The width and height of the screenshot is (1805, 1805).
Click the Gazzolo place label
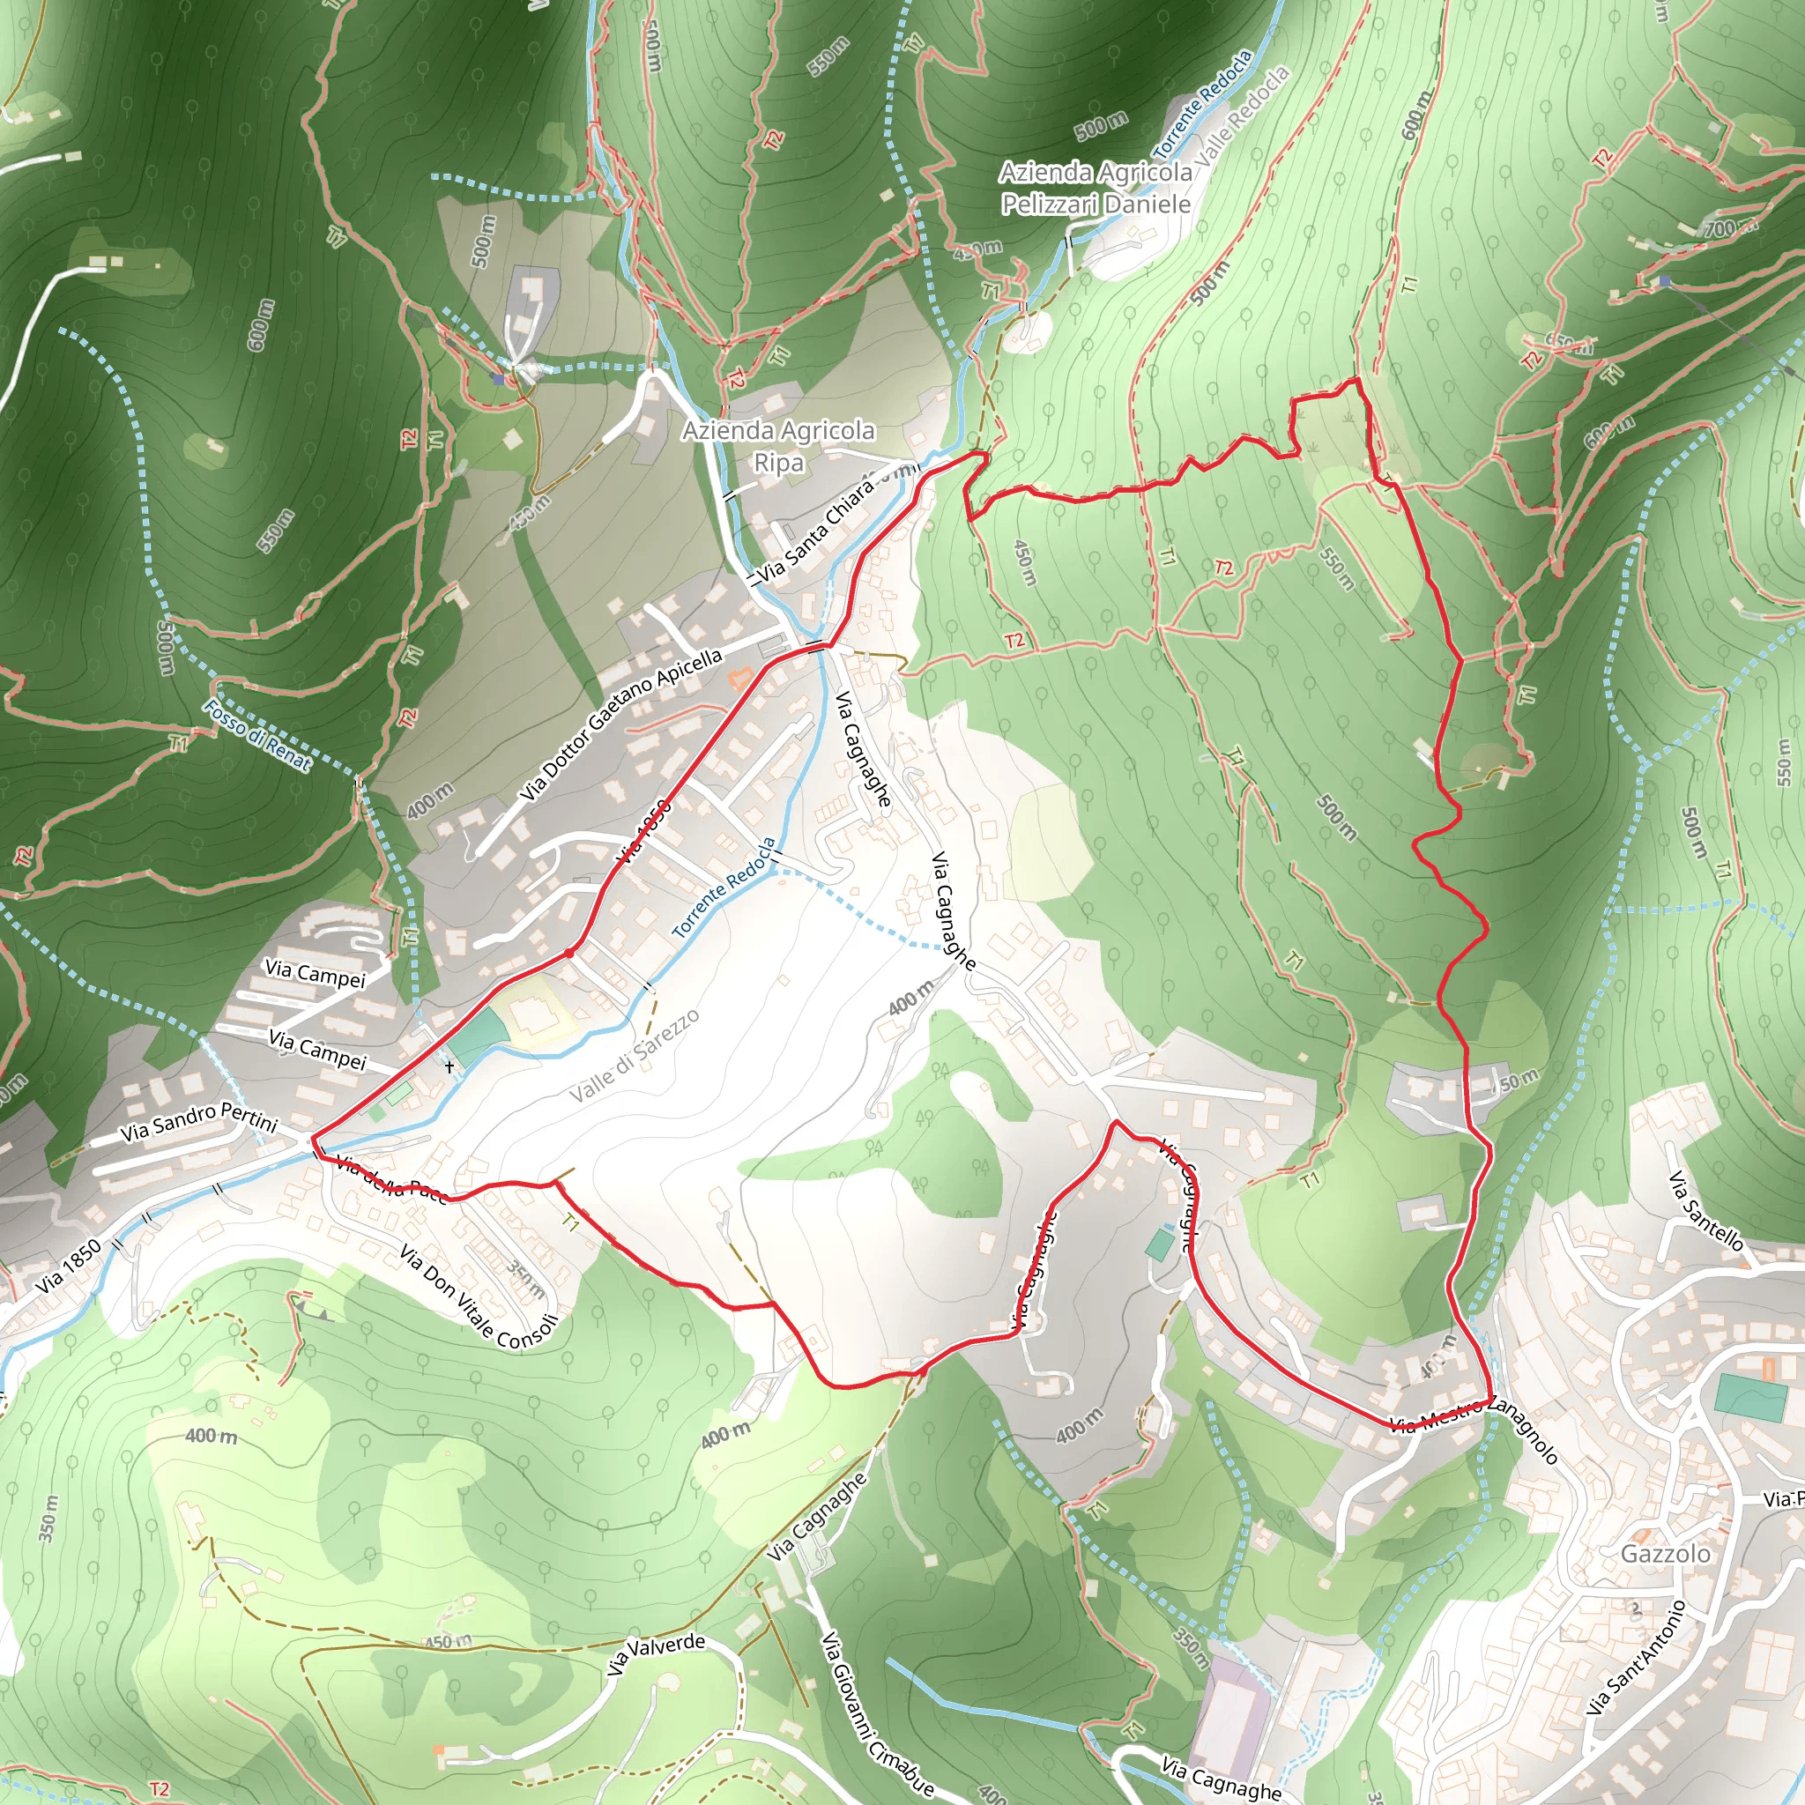(x=1665, y=1554)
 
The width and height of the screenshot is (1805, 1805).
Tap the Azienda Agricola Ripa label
(x=778, y=446)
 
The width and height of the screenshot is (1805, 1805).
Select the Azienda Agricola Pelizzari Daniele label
(x=1095, y=188)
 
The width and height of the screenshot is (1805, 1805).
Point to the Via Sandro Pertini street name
(x=199, y=1121)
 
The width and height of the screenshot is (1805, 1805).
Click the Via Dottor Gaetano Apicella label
(x=621, y=725)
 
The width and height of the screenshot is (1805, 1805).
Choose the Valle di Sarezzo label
(x=635, y=1056)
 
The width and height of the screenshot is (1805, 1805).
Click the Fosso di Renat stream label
(x=257, y=735)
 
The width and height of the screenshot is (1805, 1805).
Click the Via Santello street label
(x=1706, y=1211)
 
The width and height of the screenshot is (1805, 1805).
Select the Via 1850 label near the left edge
(x=68, y=1267)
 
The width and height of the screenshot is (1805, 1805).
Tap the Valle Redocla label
(x=1243, y=115)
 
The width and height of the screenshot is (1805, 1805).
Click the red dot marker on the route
(x=568, y=953)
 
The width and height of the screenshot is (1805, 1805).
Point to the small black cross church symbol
(x=450, y=1066)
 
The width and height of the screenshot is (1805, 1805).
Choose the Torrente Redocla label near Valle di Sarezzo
(x=724, y=888)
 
